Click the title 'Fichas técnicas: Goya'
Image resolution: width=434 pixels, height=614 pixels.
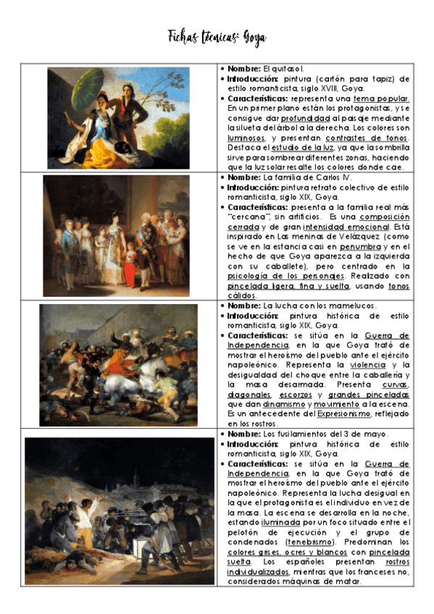click(217, 37)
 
